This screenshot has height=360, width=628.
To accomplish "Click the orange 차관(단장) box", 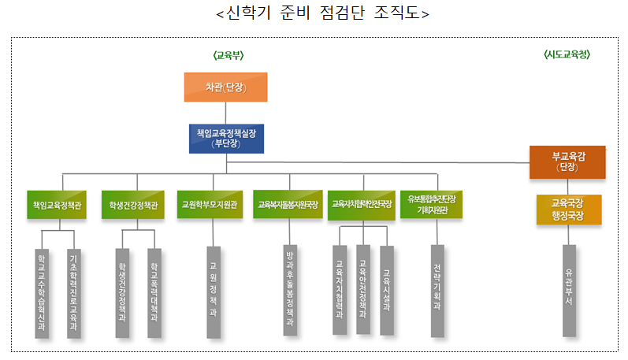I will click(225, 87).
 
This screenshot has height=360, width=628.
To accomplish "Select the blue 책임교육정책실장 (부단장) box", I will click(225, 138).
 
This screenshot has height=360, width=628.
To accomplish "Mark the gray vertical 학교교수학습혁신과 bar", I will click(42, 292).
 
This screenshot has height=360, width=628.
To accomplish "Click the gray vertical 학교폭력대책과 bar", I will click(154, 292).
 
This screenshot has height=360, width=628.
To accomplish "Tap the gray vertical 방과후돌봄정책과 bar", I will click(290, 291).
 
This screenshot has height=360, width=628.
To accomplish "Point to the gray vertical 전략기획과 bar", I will click(437, 291).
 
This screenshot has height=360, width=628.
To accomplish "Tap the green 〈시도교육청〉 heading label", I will click(567, 54).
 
